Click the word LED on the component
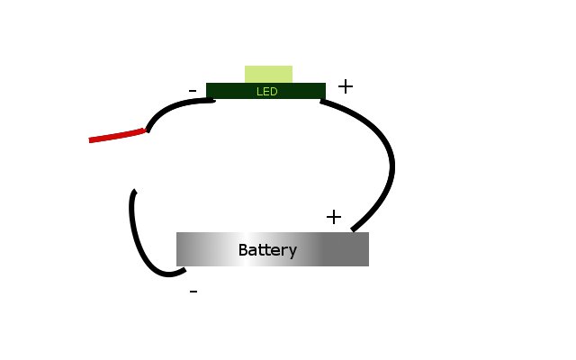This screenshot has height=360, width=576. [266, 91]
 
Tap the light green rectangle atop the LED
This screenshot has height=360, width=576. [268, 74]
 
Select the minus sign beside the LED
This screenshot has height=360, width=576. [193, 91]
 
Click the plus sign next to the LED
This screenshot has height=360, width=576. [346, 86]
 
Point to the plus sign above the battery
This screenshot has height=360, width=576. [334, 217]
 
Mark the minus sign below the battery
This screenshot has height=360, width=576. [193, 292]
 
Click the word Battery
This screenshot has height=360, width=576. [267, 249]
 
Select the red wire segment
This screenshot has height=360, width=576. [117, 135]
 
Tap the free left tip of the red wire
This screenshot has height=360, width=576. [91, 140]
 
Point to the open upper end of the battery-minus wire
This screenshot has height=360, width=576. [134, 192]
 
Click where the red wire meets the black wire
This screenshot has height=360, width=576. [146, 130]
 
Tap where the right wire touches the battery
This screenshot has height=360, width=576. [354, 230]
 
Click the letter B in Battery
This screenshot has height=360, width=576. [243, 249]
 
